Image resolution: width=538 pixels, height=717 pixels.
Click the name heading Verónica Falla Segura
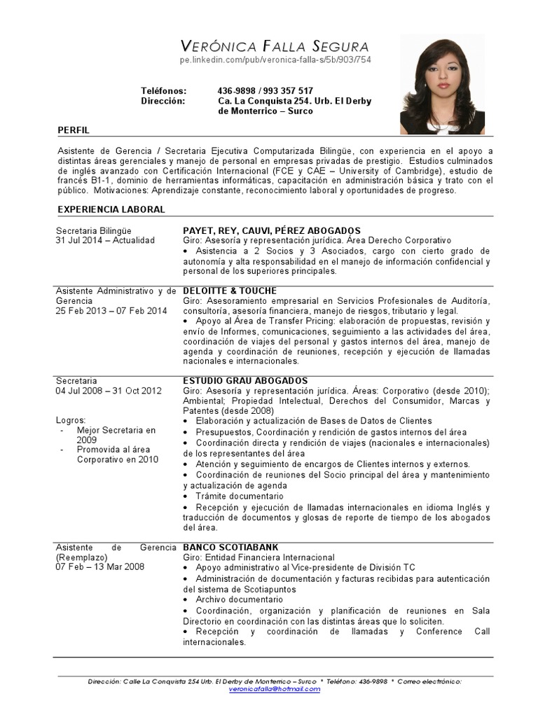tap(275, 47)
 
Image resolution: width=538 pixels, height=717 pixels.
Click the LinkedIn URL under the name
tap(275, 60)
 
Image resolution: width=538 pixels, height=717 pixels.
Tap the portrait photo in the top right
tap(442, 84)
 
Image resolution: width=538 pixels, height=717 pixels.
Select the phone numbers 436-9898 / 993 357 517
tap(265, 91)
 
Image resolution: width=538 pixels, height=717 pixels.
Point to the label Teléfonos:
tap(164, 91)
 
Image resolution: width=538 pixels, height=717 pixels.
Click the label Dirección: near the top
tap(163, 101)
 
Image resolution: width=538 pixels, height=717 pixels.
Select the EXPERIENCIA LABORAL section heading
tap(111, 209)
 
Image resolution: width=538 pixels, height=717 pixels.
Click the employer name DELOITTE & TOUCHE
tap(230, 291)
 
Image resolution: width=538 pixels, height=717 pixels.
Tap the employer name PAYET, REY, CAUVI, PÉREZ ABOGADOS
tap(272, 230)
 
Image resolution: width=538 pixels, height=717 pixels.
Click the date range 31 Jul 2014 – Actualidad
tap(105, 240)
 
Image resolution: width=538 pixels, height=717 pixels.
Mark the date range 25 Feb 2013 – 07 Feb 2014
tap(111, 310)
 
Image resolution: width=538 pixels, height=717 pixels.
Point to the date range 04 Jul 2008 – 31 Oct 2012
tap(109, 391)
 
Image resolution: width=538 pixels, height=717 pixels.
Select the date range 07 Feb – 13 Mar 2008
tap(99, 566)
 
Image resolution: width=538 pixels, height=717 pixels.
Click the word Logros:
tap(71, 420)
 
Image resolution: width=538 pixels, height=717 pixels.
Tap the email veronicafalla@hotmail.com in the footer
tap(275, 689)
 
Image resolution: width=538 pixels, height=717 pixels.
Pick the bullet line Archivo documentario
tap(239, 599)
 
